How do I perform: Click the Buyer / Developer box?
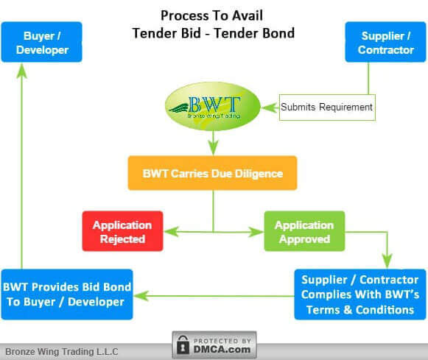41,42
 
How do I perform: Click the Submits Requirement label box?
327,107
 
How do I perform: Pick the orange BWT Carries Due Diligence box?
212,174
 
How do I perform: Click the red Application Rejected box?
122,231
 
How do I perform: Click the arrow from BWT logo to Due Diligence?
213,143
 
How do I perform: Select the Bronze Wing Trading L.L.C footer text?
62,351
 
